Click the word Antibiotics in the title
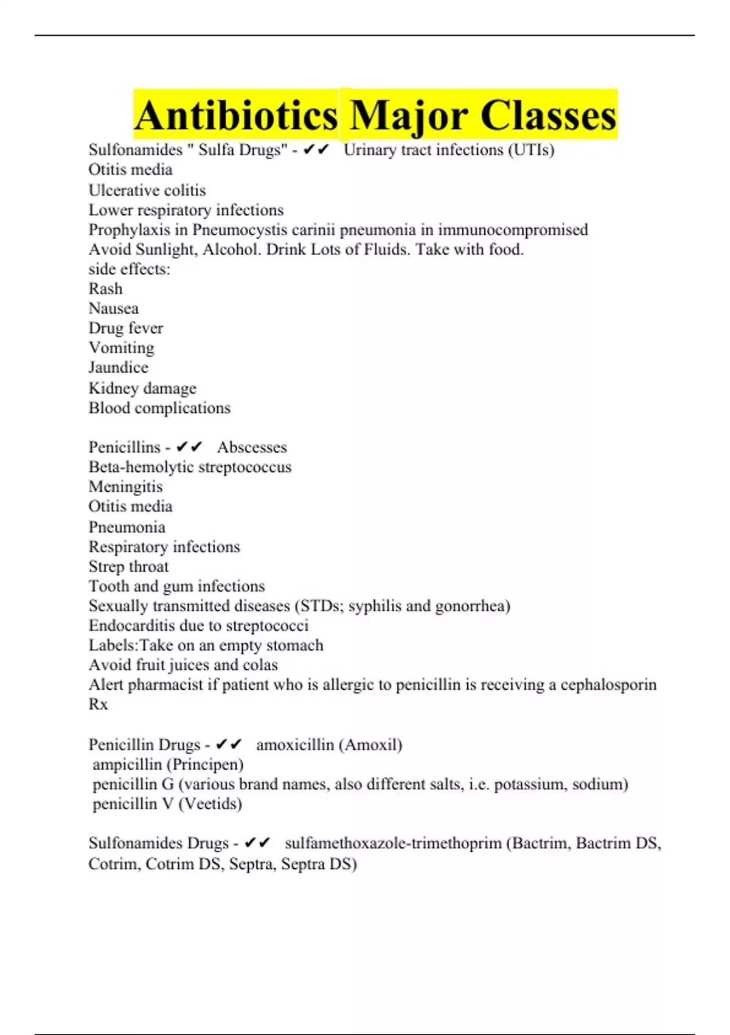(236, 115)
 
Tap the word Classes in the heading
(547, 115)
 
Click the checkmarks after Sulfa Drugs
(316, 150)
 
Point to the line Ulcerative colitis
(147, 190)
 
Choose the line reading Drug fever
(126, 328)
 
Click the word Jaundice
(119, 368)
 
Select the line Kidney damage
(142, 388)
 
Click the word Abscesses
(252, 447)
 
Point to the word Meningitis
(126, 486)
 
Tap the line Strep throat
(129, 566)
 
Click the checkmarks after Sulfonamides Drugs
(257, 843)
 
